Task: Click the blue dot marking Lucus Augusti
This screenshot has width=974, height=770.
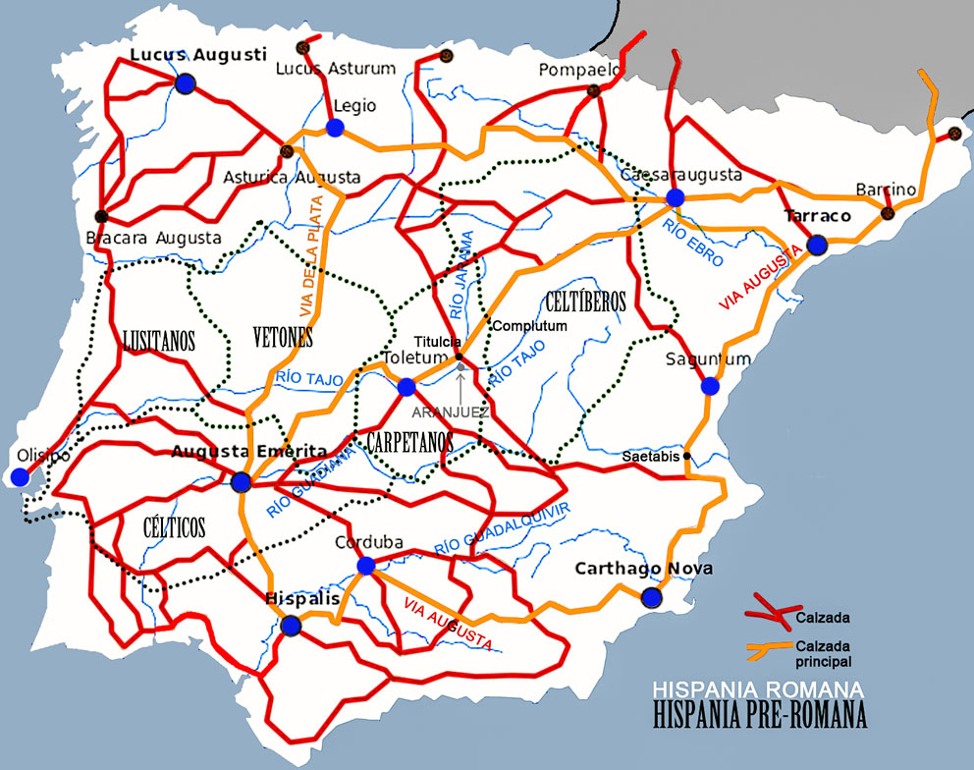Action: click(186, 84)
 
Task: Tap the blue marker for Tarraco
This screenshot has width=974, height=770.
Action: click(816, 245)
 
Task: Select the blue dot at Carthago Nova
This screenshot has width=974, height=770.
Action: click(651, 596)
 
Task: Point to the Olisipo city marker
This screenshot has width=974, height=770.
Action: click(20, 477)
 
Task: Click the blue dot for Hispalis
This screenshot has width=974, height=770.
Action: click(290, 626)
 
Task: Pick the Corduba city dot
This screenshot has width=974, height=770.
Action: click(366, 566)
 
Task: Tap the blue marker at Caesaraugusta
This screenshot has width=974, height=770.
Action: click(675, 197)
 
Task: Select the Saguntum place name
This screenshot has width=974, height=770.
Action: click(708, 359)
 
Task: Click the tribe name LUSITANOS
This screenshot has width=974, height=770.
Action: click(159, 341)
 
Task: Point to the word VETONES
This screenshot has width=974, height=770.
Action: click(282, 339)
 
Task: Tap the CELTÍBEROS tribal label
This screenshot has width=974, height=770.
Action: click(585, 302)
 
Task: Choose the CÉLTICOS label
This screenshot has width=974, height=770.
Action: click(174, 528)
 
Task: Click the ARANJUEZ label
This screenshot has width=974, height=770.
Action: click(451, 412)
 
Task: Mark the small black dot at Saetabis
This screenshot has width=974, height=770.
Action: click(686, 456)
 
